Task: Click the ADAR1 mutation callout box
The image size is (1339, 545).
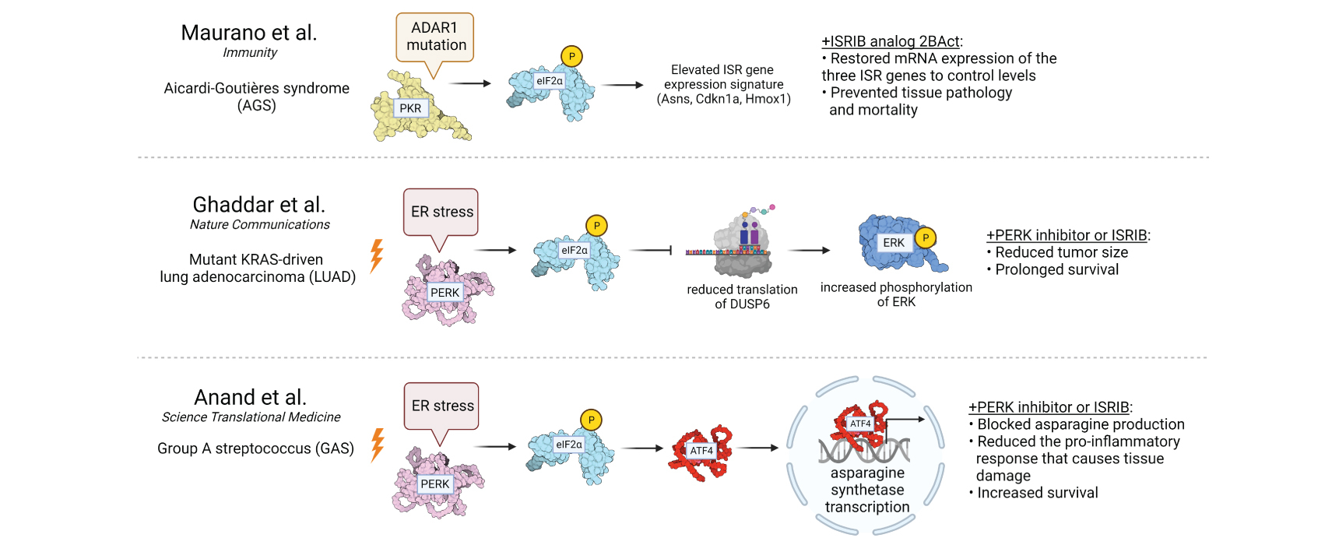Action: coord(435,37)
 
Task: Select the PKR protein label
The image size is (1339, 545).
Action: coord(410,108)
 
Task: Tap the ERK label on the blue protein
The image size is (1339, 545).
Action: coord(894,243)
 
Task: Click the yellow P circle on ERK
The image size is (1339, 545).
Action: coord(926,237)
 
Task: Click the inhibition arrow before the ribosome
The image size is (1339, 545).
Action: coord(651,250)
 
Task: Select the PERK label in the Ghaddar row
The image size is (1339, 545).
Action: coord(445,293)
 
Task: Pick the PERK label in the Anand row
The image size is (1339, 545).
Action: coord(434,484)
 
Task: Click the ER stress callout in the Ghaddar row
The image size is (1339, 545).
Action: coord(441,212)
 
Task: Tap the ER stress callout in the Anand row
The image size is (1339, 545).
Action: coord(442,406)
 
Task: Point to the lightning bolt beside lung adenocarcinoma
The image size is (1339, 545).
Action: coord(377,255)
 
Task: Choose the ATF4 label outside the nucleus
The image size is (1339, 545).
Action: coord(701,451)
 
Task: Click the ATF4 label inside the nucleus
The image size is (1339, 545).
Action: coord(860,424)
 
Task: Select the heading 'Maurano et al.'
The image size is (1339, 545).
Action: coord(249,33)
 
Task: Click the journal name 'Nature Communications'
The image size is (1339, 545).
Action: coord(259,225)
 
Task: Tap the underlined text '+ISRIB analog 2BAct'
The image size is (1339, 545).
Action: coord(891,41)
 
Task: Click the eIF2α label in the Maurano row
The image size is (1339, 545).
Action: coord(549,81)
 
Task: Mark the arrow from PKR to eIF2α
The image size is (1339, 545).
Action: coord(471,83)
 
